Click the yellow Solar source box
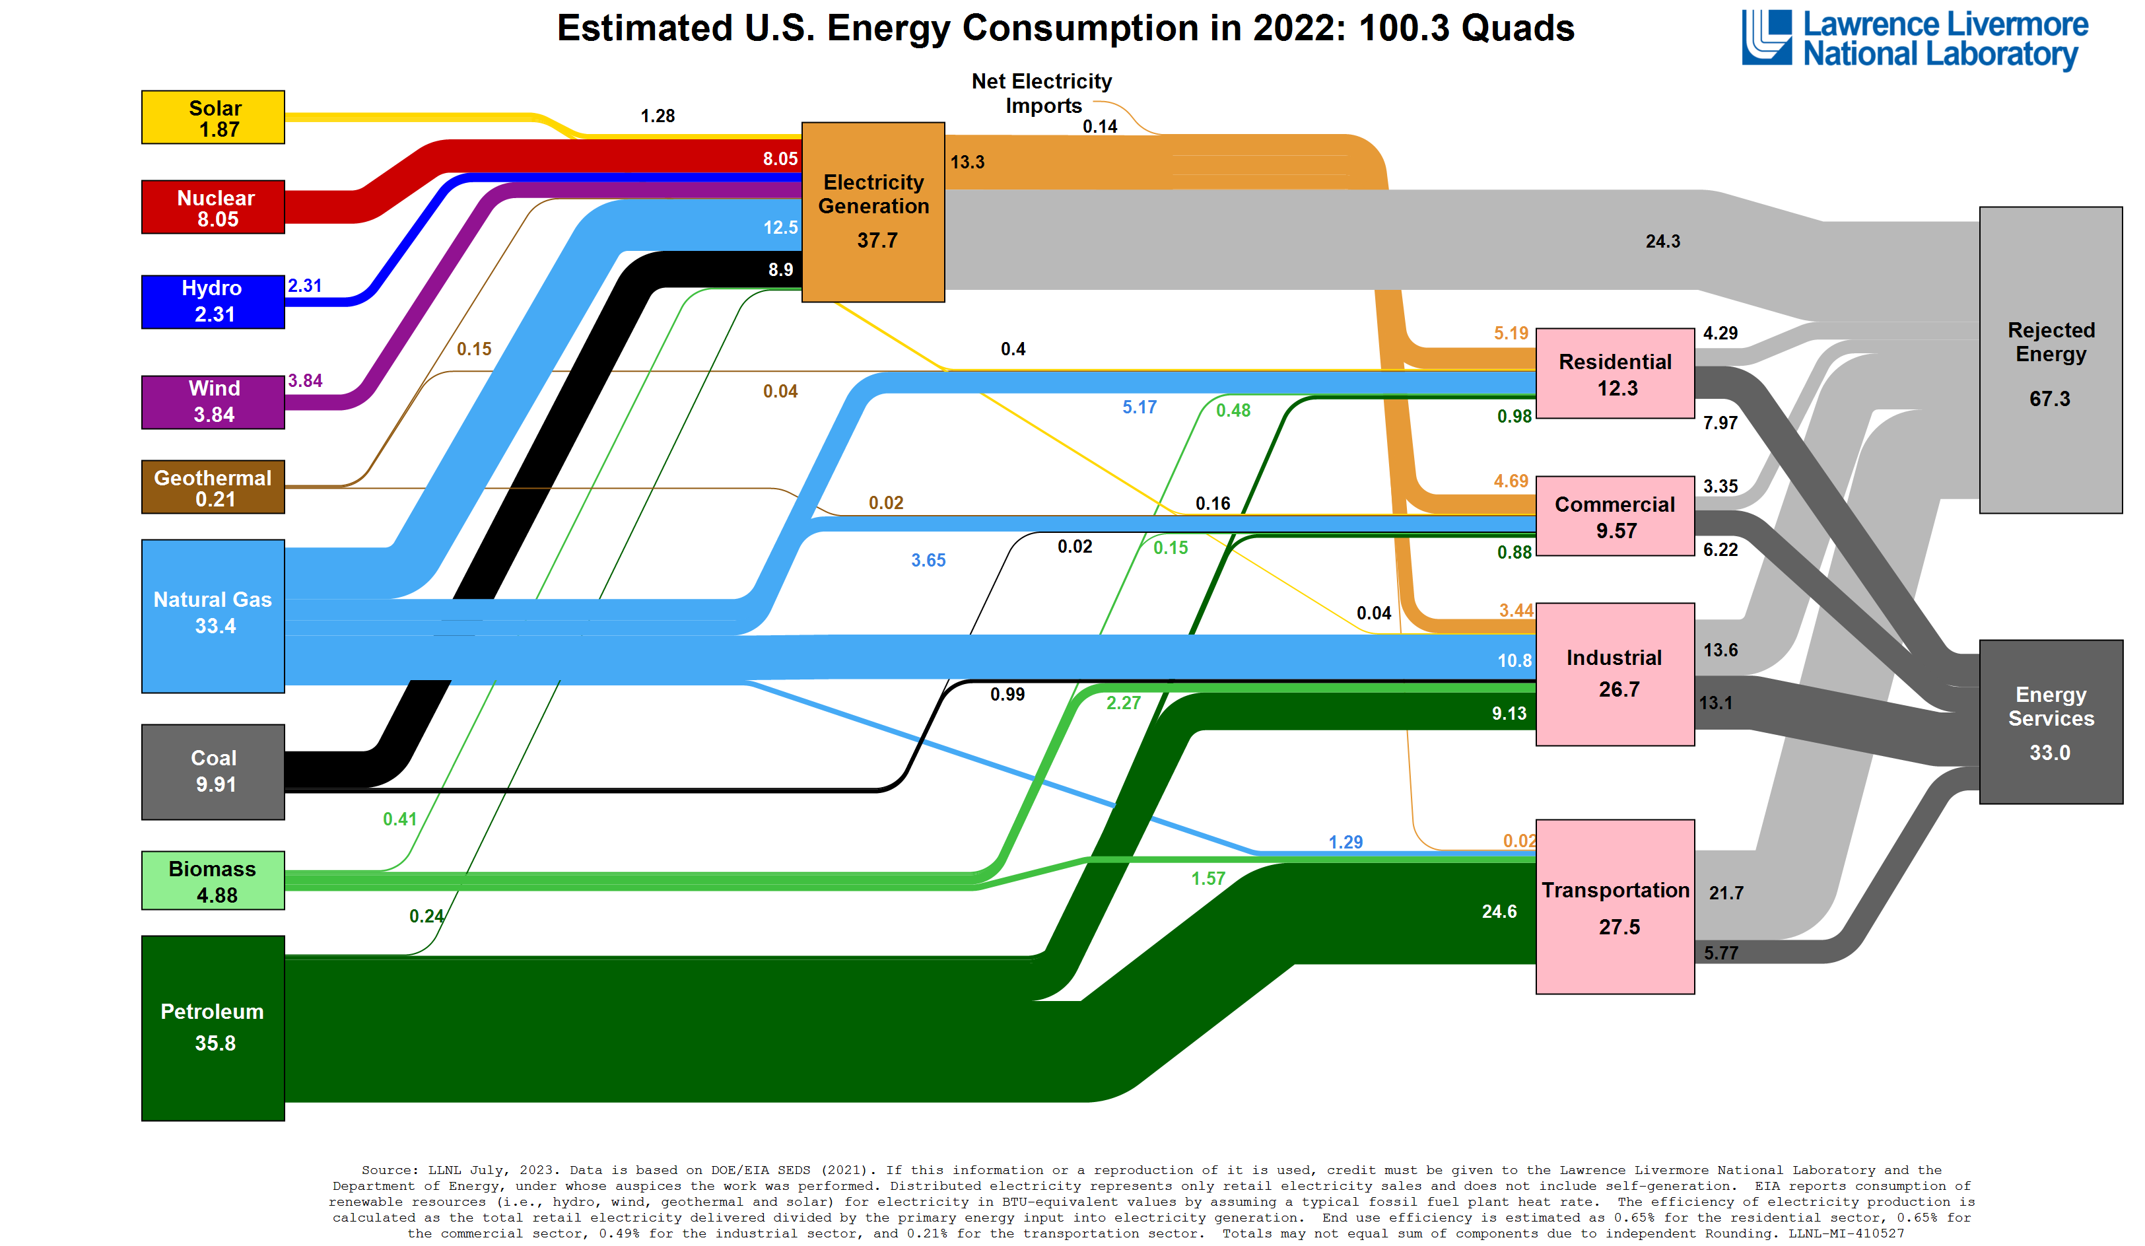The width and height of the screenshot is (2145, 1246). click(x=213, y=118)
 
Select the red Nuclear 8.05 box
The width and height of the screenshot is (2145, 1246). click(x=213, y=207)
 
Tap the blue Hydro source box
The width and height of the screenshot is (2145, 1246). click(x=213, y=301)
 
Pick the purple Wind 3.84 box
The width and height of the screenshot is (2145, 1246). click(x=213, y=401)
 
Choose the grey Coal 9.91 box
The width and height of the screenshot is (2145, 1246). click(x=213, y=771)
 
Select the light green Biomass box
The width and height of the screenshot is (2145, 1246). click(x=213, y=880)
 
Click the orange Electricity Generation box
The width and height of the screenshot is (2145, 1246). click(x=873, y=212)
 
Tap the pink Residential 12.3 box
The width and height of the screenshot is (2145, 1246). click(x=1615, y=374)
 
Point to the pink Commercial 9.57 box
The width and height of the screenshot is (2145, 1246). click(x=1615, y=516)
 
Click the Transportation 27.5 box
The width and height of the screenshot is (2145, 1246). click(x=1615, y=907)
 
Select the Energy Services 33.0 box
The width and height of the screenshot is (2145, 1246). click(x=2050, y=721)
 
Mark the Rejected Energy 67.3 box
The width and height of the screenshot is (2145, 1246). click(x=2050, y=360)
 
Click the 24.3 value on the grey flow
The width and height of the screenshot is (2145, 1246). click(x=1662, y=242)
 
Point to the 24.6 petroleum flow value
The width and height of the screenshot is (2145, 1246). click(x=1498, y=911)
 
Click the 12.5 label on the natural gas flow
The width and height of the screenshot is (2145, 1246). click(x=780, y=227)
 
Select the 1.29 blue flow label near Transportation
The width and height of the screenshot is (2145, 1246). click(x=1345, y=842)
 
